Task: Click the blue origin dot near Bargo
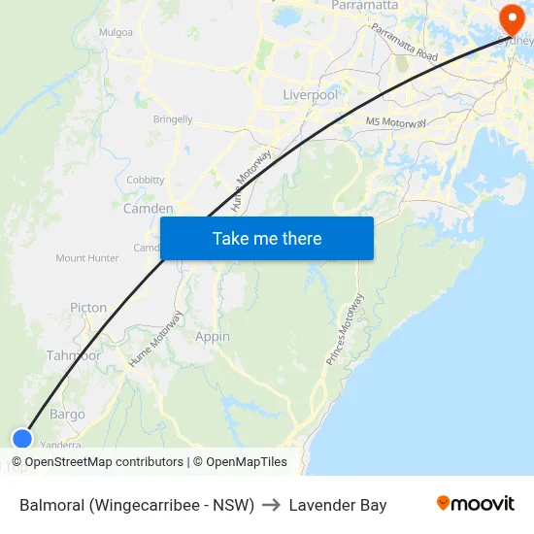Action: (21, 439)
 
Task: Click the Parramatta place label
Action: (364, 6)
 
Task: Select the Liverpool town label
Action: (310, 95)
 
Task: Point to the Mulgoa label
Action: (116, 32)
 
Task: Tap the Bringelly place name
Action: (173, 119)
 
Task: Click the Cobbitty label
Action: (146, 180)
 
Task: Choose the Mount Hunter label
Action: (87, 258)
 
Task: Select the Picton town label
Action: (88, 308)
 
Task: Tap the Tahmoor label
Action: (74, 355)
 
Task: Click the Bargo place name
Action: (67, 415)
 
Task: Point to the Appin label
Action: (213, 337)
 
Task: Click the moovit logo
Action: (476, 504)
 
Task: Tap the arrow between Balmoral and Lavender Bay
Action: (272, 505)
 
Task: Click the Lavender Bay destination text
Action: (338, 505)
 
